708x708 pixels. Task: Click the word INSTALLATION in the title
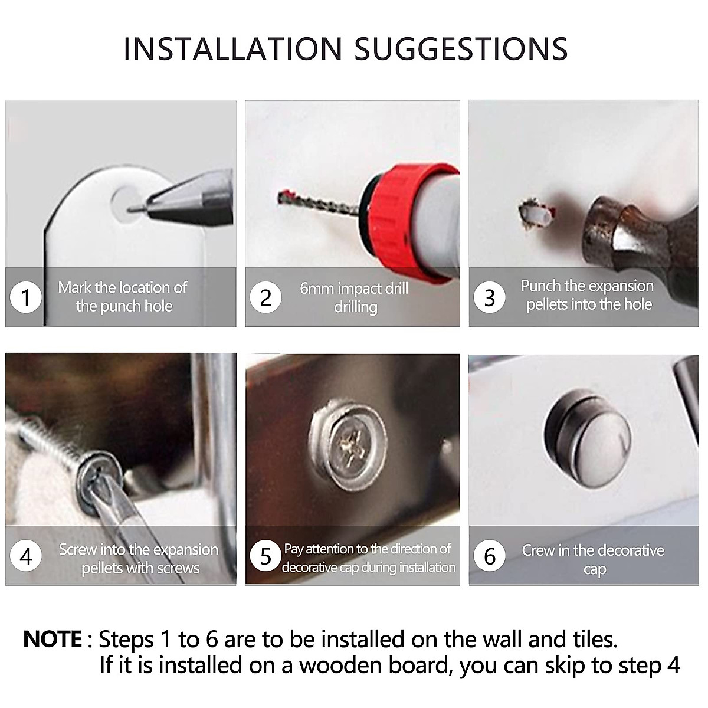pyautogui.click(x=233, y=48)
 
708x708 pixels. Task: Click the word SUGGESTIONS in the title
pyautogui.click(x=461, y=48)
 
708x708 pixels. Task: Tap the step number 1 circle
pyautogui.click(x=26, y=297)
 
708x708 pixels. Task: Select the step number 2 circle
pyautogui.click(x=265, y=297)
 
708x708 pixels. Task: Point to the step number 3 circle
pyautogui.click(x=489, y=297)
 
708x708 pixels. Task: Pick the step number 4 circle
pyautogui.click(x=26, y=556)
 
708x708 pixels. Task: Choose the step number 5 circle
pyautogui.click(x=265, y=556)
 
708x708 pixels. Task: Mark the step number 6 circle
pyautogui.click(x=489, y=556)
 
